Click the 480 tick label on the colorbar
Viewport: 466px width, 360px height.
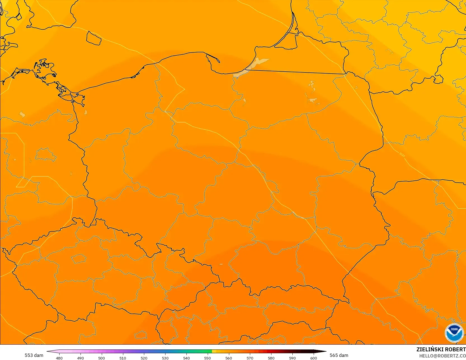(x=59, y=358)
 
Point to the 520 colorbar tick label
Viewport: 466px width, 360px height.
(x=144, y=358)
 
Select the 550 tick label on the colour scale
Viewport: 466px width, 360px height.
(x=207, y=358)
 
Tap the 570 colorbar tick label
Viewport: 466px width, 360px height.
(x=250, y=358)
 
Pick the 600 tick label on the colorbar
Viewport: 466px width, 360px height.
(x=314, y=358)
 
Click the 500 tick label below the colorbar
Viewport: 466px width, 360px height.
(x=101, y=358)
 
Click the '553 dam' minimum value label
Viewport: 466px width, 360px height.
(x=34, y=355)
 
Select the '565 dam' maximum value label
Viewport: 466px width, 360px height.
(x=339, y=355)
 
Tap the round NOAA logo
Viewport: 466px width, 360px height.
(x=454, y=333)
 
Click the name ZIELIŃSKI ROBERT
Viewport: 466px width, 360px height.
(x=441, y=349)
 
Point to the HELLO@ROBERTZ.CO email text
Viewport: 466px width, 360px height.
(x=442, y=356)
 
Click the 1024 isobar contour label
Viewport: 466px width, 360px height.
(x=402, y=154)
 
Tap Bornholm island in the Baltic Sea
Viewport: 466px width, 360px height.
(x=94, y=38)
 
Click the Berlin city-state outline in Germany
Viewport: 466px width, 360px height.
(x=46, y=155)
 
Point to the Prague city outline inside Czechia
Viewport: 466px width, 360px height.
(x=79, y=258)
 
